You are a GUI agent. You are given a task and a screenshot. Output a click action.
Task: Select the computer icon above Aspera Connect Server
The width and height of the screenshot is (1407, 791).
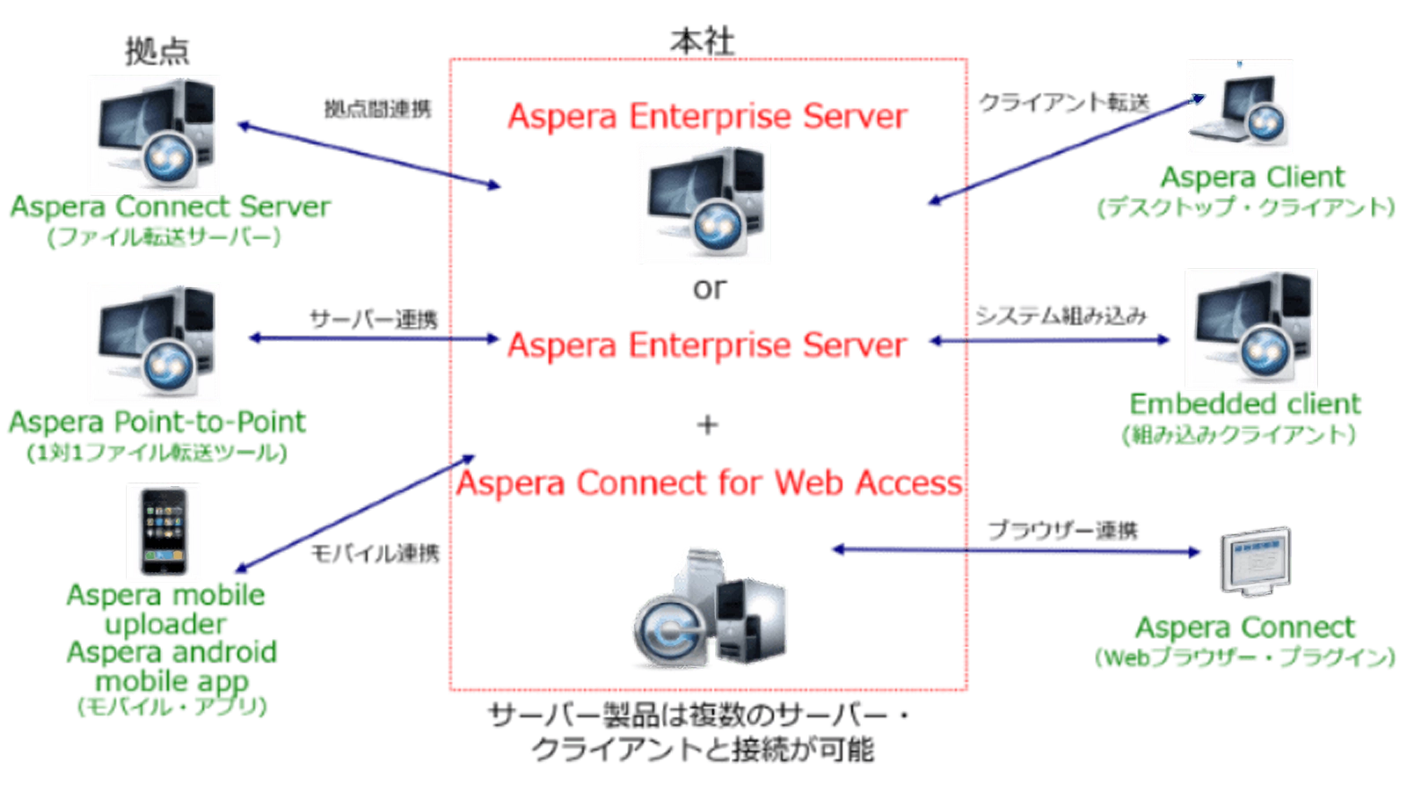[156, 134]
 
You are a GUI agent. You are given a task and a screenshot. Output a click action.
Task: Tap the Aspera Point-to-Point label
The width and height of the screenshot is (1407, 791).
[158, 423]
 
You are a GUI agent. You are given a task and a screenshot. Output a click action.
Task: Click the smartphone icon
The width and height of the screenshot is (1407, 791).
[164, 531]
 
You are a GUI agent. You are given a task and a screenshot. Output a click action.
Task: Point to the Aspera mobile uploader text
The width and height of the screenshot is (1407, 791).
[165, 609]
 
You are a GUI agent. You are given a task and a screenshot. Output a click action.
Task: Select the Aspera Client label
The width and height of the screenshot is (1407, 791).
[1252, 178]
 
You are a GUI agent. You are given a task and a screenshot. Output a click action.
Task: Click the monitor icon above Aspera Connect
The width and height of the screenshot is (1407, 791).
[1256, 561]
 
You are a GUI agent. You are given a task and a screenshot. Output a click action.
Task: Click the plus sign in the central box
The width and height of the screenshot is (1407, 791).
[708, 427]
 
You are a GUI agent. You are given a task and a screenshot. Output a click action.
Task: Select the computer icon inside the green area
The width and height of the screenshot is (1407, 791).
[703, 203]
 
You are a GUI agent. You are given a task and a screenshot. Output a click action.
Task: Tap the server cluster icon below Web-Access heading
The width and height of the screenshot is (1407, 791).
[708, 606]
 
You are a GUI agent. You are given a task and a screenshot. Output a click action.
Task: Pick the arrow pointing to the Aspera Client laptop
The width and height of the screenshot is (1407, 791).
[1064, 149]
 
